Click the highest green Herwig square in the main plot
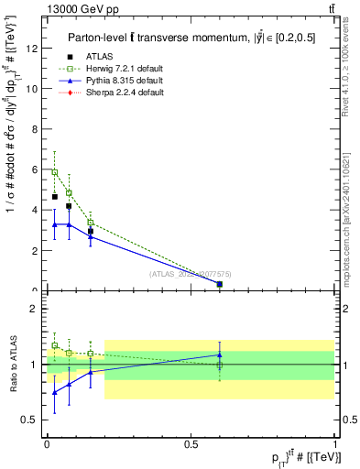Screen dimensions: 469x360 click(x=55, y=172)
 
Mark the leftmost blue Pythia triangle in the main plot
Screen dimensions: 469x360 click(x=55, y=224)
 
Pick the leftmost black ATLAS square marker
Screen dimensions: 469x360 click(x=55, y=196)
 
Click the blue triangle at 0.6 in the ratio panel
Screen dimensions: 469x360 click(x=219, y=354)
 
